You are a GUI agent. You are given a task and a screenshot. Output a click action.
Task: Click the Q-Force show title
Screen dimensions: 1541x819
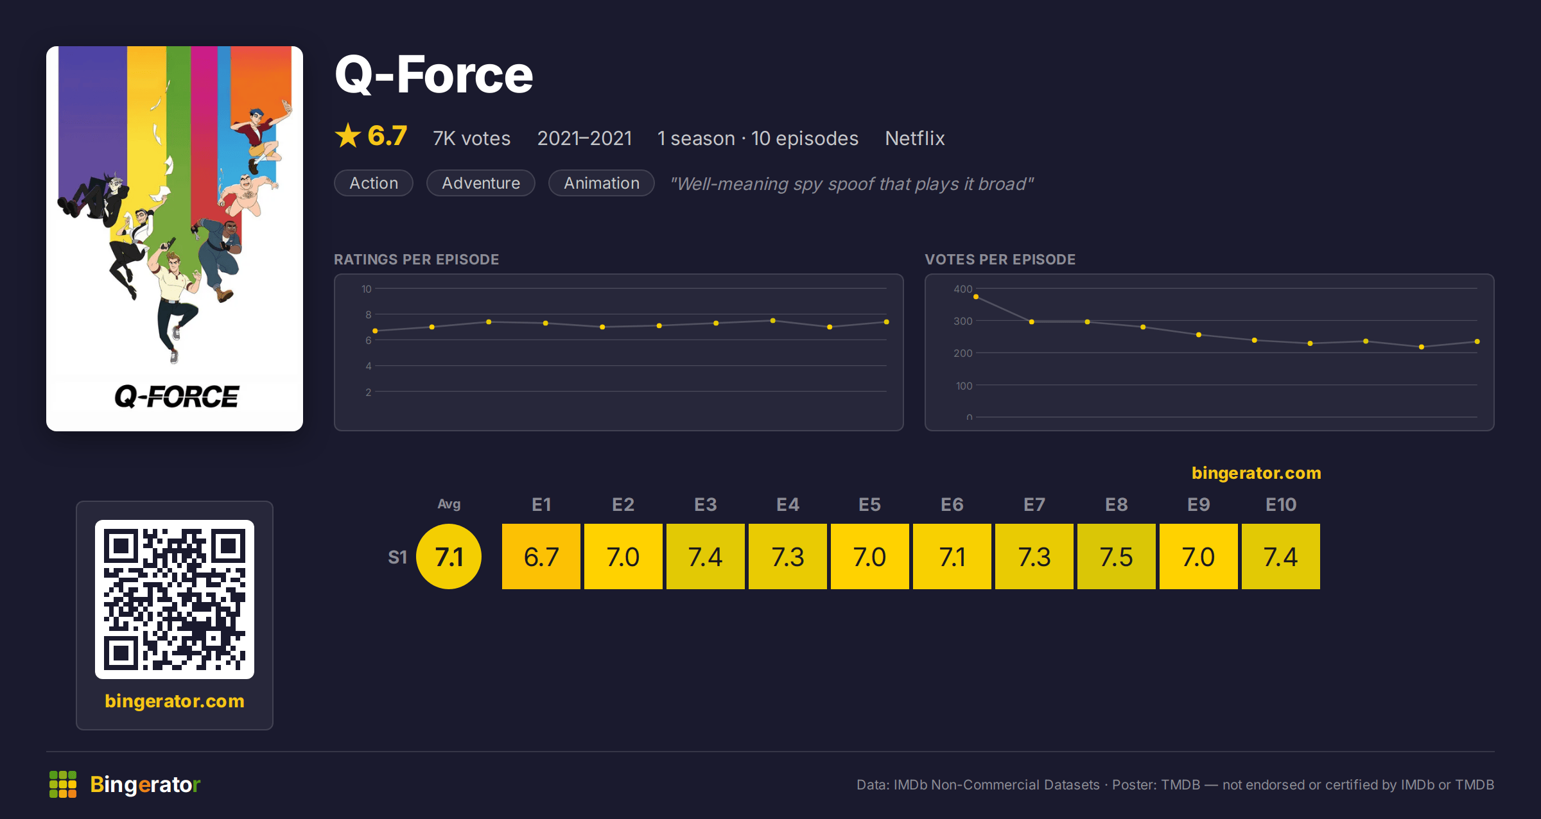tap(434, 74)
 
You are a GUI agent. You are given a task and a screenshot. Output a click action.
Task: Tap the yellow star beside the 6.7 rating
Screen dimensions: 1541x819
tap(348, 135)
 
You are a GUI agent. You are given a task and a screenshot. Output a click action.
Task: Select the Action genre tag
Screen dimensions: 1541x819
tap(374, 183)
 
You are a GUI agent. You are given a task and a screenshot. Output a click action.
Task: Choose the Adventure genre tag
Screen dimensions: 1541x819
tap(481, 183)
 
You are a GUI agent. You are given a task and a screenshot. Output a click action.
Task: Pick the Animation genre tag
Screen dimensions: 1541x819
tap(602, 183)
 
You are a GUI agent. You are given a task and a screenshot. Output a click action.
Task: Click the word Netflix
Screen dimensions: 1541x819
tap(915, 138)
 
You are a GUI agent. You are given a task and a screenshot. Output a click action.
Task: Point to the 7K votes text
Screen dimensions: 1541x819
tap(472, 138)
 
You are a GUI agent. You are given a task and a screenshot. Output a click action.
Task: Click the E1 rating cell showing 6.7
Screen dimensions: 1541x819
tap(541, 556)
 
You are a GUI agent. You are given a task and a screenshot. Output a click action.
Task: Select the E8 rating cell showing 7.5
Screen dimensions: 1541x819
tap(1117, 556)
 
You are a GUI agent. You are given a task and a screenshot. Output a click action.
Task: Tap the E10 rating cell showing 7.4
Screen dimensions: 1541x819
tap(1281, 556)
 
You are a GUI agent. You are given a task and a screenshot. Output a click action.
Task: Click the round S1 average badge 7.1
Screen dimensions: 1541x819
tap(449, 556)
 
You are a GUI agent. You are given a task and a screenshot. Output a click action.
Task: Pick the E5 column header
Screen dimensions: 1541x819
tap(870, 504)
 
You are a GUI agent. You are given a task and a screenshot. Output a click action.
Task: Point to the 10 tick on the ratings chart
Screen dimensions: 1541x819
tap(367, 289)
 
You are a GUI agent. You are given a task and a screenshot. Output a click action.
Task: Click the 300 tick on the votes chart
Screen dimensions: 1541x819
tap(963, 321)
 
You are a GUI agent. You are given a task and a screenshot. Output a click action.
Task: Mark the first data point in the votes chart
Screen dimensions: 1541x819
tap(976, 297)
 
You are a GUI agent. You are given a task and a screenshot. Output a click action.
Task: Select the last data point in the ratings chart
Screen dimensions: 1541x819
tap(887, 322)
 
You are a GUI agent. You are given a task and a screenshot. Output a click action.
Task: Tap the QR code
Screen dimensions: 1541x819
tap(175, 599)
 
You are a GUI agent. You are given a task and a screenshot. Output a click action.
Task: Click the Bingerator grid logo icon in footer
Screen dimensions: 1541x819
tap(63, 784)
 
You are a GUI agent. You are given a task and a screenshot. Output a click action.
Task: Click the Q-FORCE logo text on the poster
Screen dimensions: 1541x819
tap(177, 397)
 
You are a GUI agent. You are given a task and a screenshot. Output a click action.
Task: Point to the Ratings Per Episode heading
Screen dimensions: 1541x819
tap(417, 259)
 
